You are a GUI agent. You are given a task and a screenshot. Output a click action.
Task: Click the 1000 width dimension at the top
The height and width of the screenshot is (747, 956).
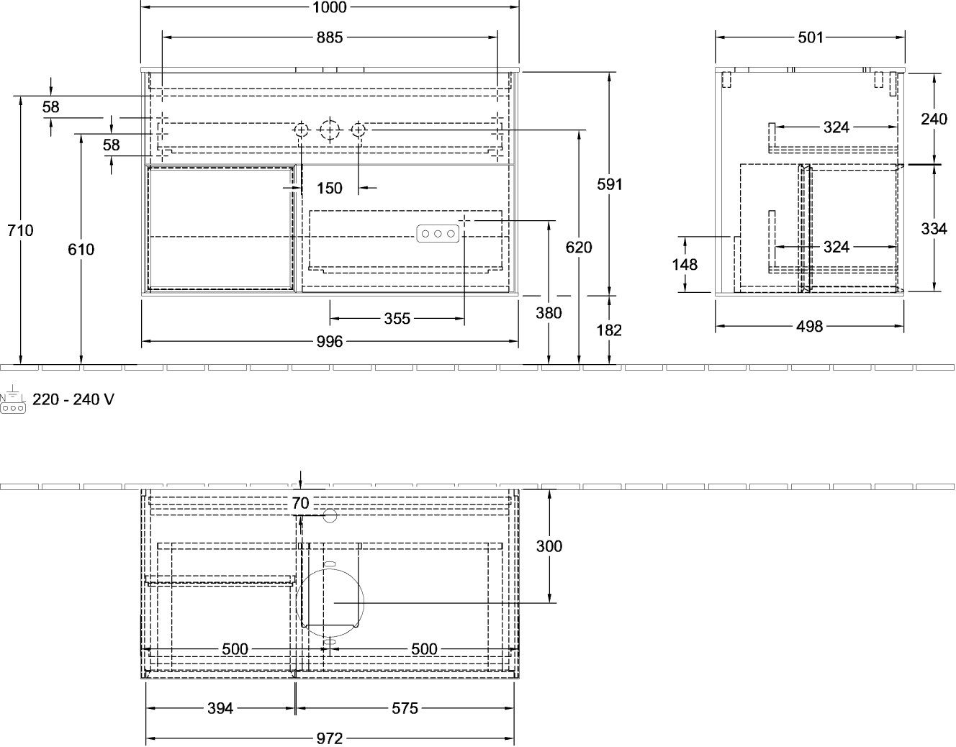coord(330,7)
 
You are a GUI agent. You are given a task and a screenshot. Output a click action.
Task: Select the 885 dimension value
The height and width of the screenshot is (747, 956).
coord(330,38)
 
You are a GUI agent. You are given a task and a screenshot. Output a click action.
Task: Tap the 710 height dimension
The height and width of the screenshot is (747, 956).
coord(20,230)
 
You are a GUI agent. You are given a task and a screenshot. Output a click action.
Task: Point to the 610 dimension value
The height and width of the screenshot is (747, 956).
coord(81,250)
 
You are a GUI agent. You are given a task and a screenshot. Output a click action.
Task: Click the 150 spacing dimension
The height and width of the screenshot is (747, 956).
coord(330,188)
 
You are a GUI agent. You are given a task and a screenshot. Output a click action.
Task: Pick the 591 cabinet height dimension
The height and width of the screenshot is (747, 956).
coord(609,184)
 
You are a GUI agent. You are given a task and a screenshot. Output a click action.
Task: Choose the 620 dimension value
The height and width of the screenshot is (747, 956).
coord(579,248)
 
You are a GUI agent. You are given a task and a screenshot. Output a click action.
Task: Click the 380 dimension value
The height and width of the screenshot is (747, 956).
coord(549,313)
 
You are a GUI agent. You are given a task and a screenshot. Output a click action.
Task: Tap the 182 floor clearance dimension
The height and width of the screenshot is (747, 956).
coord(609,330)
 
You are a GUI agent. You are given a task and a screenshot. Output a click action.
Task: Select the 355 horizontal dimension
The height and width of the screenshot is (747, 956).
coord(397,319)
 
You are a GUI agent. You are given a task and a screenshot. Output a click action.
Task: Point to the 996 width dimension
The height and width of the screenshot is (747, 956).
coord(330,342)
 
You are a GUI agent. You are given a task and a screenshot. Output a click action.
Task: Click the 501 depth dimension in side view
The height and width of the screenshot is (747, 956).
coord(811,38)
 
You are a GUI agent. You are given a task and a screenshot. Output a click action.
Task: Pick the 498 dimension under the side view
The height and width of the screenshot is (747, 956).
coord(809,327)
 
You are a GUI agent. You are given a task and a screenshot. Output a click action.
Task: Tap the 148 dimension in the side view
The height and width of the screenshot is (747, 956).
coord(685,265)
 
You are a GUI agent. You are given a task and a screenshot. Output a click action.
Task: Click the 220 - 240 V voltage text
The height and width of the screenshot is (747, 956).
coord(73,399)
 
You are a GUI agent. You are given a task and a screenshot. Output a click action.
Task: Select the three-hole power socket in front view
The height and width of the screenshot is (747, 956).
coord(438,234)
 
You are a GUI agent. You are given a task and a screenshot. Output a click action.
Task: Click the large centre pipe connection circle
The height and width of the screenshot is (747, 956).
coord(330,130)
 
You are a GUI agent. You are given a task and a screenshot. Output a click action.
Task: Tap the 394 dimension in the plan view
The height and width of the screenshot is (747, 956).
coord(220,708)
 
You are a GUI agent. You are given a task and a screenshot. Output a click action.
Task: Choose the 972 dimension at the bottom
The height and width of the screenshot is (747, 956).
coord(330,738)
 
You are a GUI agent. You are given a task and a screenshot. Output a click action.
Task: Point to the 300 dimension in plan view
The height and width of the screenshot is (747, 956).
coord(549,546)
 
